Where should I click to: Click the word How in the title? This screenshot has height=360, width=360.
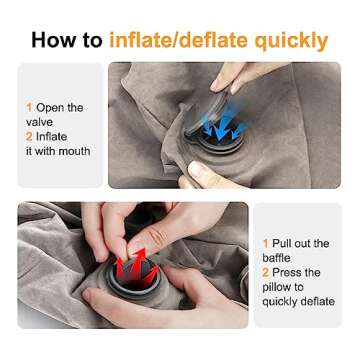click(54, 40)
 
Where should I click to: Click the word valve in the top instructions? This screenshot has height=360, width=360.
click(40, 122)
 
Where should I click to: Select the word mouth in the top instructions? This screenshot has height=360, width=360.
click(74, 151)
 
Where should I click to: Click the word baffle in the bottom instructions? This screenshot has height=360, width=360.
click(278, 257)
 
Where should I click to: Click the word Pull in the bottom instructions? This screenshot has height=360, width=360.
click(285, 243)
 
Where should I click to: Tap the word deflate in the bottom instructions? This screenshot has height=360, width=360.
click(314, 301)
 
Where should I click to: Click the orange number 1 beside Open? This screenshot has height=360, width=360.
click(29, 107)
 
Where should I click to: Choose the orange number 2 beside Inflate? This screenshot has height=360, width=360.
click(29, 136)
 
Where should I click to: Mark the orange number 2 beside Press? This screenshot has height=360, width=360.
click(266, 272)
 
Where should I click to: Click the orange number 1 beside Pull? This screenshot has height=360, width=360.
click(265, 243)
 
